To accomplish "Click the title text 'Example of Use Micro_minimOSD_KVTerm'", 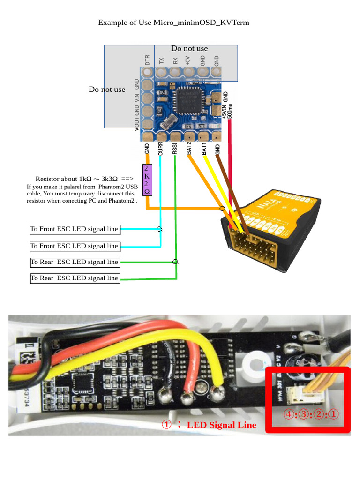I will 173,22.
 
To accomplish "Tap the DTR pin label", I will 147,60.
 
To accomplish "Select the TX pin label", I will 161,60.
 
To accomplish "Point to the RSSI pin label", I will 175,149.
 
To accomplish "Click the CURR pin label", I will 160,149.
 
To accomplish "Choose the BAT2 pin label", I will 189,149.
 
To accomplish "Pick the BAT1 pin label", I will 204,149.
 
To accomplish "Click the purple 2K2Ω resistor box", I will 147,180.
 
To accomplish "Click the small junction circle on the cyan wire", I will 159,229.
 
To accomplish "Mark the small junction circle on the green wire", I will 175,262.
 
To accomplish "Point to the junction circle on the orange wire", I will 222,208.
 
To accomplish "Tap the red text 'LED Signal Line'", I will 221,425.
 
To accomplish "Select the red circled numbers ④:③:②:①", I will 310,414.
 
